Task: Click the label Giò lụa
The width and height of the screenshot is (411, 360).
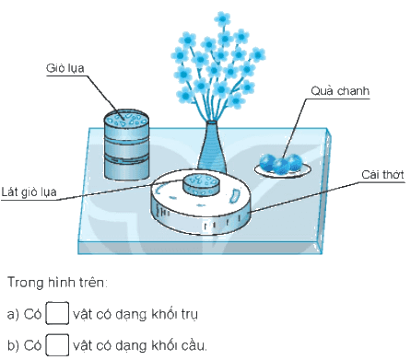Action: point(65,68)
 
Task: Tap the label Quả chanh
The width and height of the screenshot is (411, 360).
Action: point(340,91)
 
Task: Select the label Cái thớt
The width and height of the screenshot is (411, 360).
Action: point(382,175)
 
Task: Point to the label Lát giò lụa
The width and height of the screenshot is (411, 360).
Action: point(29,192)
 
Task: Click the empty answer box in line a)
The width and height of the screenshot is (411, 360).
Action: point(57,313)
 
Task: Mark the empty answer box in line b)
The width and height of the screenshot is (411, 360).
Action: point(57,345)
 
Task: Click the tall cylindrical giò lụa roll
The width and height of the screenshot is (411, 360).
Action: point(126,145)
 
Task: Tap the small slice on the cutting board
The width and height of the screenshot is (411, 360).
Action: point(201,185)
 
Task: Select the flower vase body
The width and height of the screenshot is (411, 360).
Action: point(212,147)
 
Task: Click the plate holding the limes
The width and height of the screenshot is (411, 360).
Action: point(283,170)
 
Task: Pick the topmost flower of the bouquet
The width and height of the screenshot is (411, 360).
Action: point(222,19)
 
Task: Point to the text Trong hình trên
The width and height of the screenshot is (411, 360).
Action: point(57,283)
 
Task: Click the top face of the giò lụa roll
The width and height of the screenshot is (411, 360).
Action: point(126,118)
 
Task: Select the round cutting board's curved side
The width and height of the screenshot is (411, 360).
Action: point(201,220)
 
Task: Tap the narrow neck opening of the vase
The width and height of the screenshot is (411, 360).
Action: point(212,122)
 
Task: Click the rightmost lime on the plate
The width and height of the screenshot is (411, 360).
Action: point(294,162)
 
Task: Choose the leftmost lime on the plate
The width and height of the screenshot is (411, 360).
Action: point(267,162)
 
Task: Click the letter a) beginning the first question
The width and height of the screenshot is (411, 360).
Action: point(13,314)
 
